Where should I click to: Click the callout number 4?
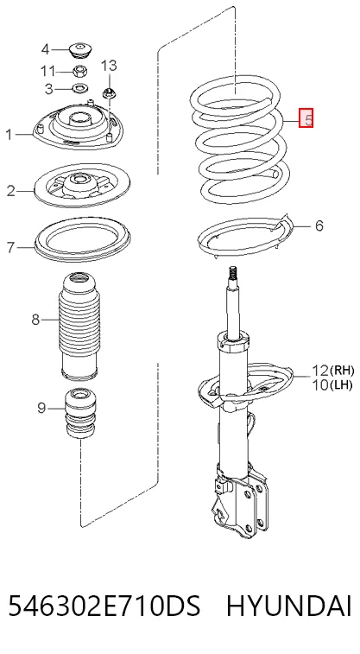[45, 49]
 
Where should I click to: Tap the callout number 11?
[47, 71]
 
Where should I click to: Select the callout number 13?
[109, 66]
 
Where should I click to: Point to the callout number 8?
[35, 320]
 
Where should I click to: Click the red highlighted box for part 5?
[306, 118]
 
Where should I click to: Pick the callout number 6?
[319, 225]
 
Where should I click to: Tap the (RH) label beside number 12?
[342, 370]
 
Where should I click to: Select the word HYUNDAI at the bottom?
[288, 606]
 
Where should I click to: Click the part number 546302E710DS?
[104, 606]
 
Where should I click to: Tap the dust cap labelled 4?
[80, 51]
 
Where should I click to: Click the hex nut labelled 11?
[79, 71]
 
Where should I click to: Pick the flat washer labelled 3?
[79, 88]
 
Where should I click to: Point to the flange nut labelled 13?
[109, 92]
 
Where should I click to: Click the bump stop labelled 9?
[79, 413]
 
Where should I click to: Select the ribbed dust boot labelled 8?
[79, 327]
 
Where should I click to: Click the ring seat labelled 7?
[82, 239]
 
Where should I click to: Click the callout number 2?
[11, 192]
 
